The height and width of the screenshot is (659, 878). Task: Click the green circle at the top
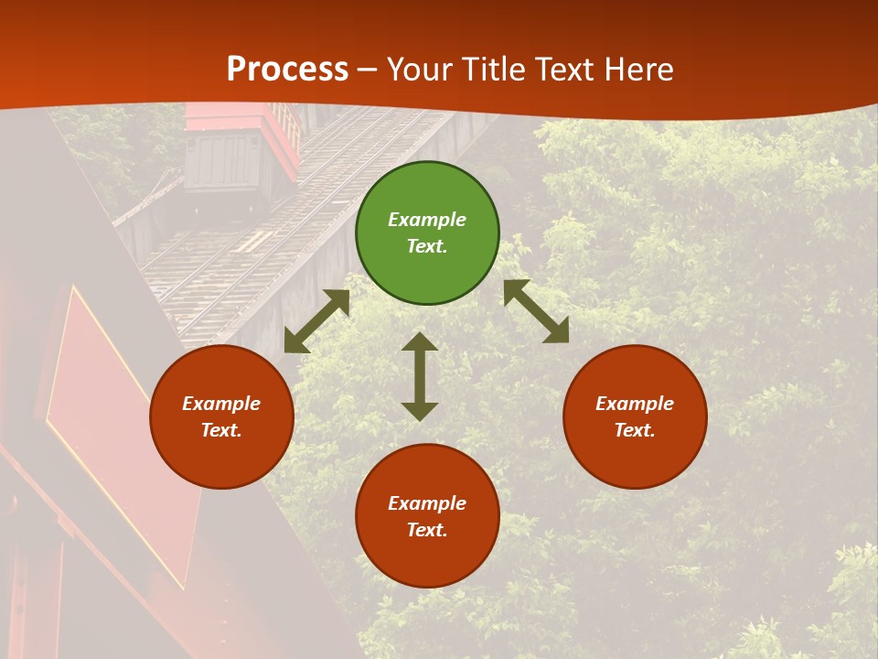pos(427,233)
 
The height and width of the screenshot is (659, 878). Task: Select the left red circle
pos(221,417)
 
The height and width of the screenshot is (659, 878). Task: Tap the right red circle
pos(635,417)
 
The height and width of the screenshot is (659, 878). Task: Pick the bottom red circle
pos(427,516)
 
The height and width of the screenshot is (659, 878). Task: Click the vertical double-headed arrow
pos(420,376)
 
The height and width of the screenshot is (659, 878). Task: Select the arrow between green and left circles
pos(317,321)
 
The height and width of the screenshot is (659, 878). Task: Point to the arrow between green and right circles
pos(536,311)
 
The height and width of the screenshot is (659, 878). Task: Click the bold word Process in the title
pos(287,70)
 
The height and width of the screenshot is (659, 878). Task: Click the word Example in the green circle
pos(427,220)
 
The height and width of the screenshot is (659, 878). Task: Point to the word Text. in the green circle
pos(427,246)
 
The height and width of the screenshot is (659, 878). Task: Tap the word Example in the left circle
pos(221,404)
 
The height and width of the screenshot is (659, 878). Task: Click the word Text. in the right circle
pos(635,430)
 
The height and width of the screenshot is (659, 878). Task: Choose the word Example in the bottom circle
pos(427,503)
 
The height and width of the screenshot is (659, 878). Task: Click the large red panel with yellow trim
pos(119,430)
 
